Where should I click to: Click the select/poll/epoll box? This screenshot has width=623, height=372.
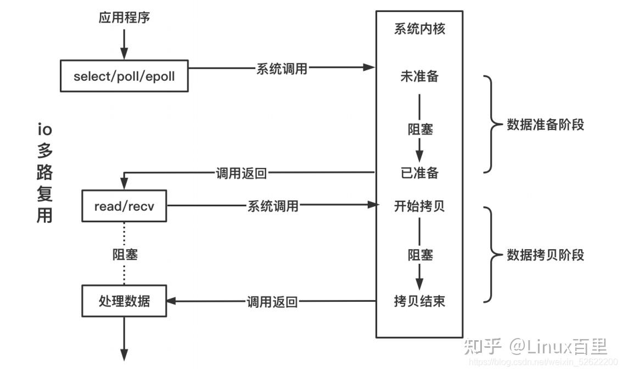pyautogui.click(x=124, y=76)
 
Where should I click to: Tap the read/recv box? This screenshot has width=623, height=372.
pyautogui.click(x=124, y=206)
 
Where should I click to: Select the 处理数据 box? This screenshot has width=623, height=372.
pyautogui.click(x=124, y=301)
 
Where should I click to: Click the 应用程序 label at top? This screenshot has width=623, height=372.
pyautogui.click(x=124, y=18)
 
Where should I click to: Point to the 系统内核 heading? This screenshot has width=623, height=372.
pyautogui.click(x=419, y=29)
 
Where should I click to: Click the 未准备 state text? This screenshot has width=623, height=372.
pyautogui.click(x=419, y=76)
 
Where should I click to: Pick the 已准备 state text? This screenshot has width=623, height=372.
pyautogui.click(x=419, y=173)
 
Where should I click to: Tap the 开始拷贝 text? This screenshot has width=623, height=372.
pyautogui.click(x=419, y=206)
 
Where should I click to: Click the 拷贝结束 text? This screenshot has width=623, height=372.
pyautogui.click(x=419, y=301)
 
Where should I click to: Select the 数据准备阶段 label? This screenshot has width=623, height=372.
pyautogui.click(x=545, y=125)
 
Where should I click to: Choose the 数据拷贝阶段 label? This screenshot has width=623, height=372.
pyautogui.click(x=545, y=255)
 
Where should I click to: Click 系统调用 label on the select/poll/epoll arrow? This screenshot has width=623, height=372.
pyautogui.click(x=282, y=69)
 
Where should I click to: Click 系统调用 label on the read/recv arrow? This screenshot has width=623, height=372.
pyautogui.click(x=273, y=206)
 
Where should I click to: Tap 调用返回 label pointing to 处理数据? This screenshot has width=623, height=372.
pyautogui.click(x=272, y=301)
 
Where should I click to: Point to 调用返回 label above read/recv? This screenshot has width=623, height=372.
pyautogui.click(x=241, y=173)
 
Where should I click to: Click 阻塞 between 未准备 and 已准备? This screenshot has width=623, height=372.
pyautogui.click(x=419, y=129)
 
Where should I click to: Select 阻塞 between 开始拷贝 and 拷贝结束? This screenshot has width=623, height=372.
pyautogui.click(x=419, y=255)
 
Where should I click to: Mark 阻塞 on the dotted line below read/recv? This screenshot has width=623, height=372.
pyautogui.click(x=125, y=255)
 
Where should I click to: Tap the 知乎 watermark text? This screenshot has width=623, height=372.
pyautogui.click(x=482, y=346)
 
